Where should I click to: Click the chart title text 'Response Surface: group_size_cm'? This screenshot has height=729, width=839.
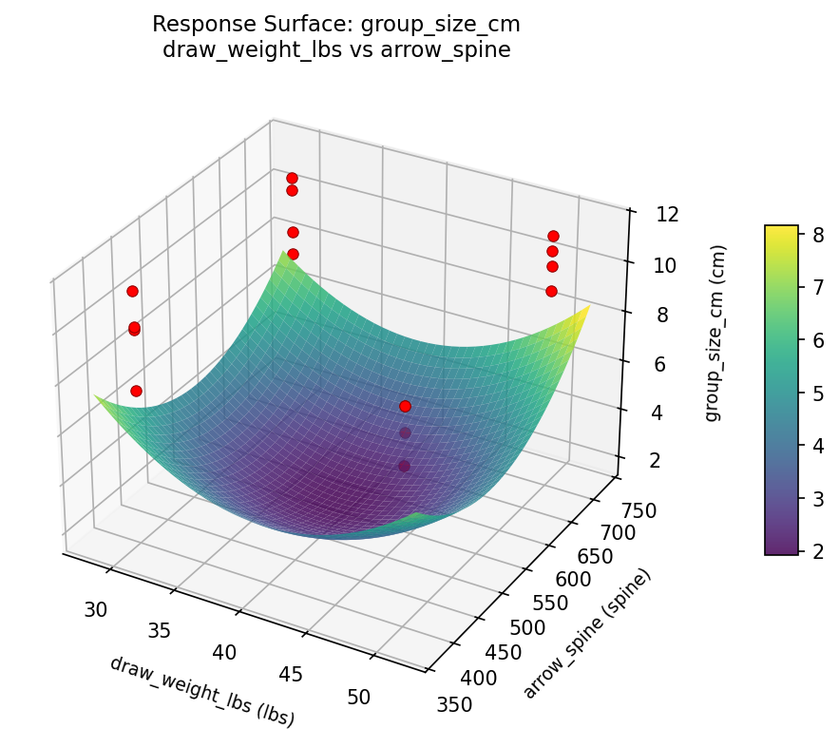point(335,24)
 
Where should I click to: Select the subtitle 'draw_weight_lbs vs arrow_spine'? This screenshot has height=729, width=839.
point(335,50)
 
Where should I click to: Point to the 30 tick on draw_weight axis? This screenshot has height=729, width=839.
point(95,609)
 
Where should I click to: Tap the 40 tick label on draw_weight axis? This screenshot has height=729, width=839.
point(224,652)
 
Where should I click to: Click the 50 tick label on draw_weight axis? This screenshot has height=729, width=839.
point(359,697)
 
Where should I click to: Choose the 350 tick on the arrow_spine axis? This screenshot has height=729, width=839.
point(451,702)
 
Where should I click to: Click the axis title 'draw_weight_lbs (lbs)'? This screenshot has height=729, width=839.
point(201,691)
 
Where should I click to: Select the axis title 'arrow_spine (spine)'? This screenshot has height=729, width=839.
point(589,633)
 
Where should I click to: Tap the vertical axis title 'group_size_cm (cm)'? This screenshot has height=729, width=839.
point(720,333)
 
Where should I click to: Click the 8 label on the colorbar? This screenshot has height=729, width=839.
point(816,234)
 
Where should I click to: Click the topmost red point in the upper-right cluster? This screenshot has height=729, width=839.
point(553,236)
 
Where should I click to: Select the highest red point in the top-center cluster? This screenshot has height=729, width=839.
point(292,178)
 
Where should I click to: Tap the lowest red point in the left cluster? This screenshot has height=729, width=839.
point(136,391)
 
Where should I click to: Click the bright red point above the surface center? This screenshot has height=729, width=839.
point(405,406)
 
